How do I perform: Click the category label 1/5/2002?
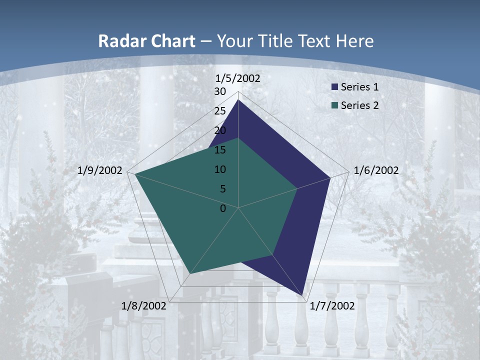(238, 78)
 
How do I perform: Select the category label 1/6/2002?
(376, 171)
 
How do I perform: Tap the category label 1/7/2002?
(332, 306)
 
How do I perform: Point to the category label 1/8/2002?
(143, 306)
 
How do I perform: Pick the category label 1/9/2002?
(100, 171)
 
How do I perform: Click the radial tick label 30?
(220, 92)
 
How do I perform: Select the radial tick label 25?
(220, 111)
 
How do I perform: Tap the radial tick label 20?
(220, 131)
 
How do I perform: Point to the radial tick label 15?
(220, 150)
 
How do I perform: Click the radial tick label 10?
(220, 170)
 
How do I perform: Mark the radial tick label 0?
(223, 208)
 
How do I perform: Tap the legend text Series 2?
(359, 105)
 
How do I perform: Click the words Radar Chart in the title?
(146, 41)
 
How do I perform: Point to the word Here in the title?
(355, 41)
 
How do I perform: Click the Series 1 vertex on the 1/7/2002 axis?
(303, 295)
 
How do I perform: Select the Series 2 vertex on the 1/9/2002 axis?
(135, 174)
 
